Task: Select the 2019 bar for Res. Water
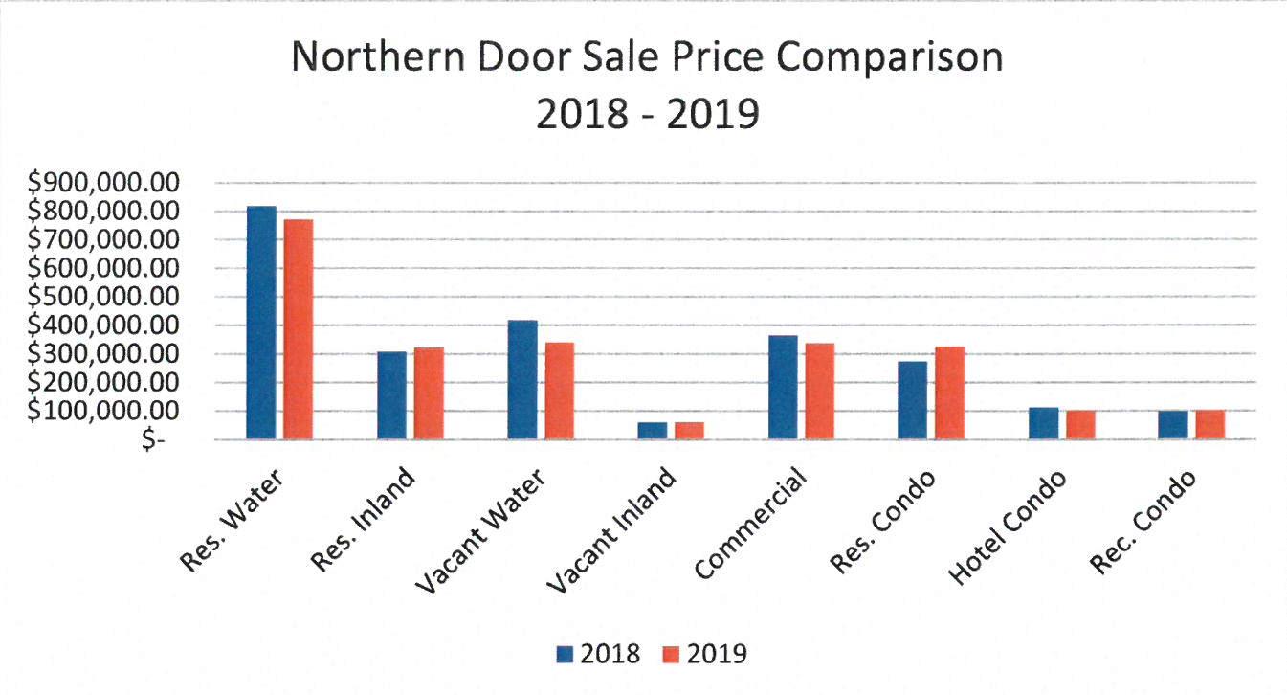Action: (x=299, y=329)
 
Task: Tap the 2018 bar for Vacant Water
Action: (x=522, y=380)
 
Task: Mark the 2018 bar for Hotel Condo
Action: (x=1043, y=423)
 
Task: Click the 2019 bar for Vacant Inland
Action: (x=689, y=431)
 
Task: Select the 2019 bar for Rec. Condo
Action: (x=1209, y=425)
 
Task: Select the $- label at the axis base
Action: (x=152, y=440)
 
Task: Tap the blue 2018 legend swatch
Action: (x=566, y=654)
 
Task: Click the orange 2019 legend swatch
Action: (x=673, y=654)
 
